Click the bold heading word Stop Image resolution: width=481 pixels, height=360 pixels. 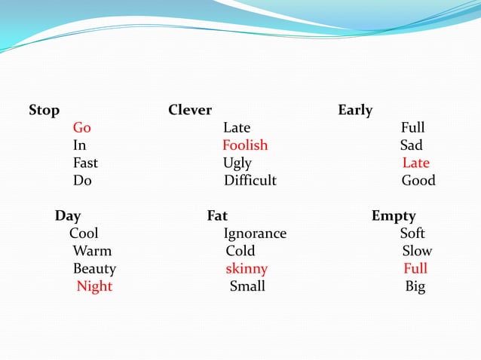[x=44, y=111]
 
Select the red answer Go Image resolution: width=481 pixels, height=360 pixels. [x=81, y=128]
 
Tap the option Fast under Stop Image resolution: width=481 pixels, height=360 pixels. [x=85, y=163]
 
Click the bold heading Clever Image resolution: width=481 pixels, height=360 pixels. [x=190, y=111]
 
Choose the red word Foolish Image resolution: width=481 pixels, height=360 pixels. [x=245, y=145]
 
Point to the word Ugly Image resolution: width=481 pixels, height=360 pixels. [x=237, y=163]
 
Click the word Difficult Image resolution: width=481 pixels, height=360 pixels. [x=250, y=181]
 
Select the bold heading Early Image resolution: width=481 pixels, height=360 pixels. [x=355, y=111]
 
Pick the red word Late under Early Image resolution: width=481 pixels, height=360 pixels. [x=415, y=163]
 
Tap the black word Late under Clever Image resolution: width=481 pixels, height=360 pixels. [x=237, y=128]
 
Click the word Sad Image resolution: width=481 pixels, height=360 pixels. [x=412, y=145]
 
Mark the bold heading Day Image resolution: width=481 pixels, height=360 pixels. [x=68, y=216]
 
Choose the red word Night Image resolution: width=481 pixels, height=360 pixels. [x=94, y=286]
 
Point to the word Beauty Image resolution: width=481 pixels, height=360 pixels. [x=94, y=269]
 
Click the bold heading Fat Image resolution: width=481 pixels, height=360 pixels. [x=217, y=216]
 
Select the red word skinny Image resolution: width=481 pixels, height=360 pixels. [x=247, y=269]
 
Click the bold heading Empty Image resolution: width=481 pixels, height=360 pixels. [x=394, y=216]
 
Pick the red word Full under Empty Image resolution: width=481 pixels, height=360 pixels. [x=415, y=269]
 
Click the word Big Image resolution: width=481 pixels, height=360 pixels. [x=415, y=286]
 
